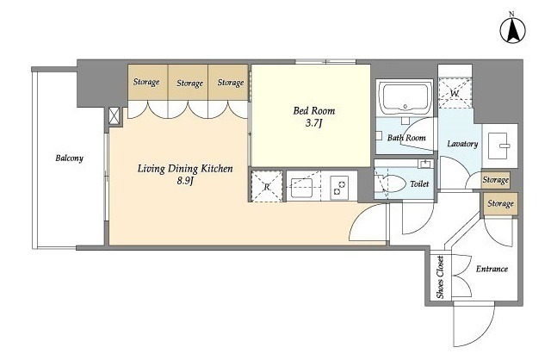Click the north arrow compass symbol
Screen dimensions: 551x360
point(513,30)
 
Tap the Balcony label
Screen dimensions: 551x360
point(70,158)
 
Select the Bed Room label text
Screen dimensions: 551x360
point(313,111)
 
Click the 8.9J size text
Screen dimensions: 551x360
point(184,181)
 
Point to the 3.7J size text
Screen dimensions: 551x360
point(313,124)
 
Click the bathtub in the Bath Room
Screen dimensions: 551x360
point(406,97)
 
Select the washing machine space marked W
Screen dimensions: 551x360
point(455,93)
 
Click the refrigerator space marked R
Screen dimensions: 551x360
point(267,186)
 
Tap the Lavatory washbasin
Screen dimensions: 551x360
point(498,146)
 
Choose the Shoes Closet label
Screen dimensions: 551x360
point(440,277)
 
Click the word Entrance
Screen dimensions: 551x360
point(492,269)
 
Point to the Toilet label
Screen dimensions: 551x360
point(419,183)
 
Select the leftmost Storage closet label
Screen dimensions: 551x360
point(146,83)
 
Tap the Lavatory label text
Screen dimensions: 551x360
point(462,144)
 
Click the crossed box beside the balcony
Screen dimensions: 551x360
point(115,116)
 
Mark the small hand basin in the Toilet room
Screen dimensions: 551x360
point(425,164)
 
